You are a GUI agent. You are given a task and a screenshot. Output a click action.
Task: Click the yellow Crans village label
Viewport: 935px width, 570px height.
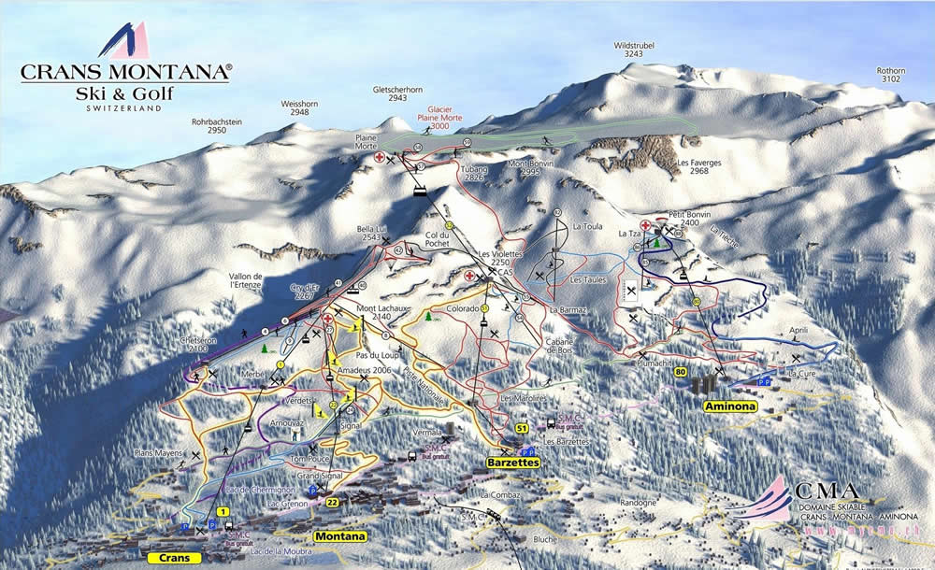pos(175,557)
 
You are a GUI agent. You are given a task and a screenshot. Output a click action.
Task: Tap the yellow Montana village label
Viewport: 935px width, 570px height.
pos(339,536)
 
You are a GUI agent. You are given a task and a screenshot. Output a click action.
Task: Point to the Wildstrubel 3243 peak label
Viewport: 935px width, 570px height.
pos(633,50)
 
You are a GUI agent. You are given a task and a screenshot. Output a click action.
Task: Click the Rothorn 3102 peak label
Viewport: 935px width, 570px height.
pos(890,75)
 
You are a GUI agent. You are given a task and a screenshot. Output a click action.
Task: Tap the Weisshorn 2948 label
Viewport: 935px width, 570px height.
pos(299,108)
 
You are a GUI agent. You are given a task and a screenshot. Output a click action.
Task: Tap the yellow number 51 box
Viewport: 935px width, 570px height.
pos(523,428)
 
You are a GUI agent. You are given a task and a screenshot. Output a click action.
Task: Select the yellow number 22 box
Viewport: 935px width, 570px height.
pos(333,503)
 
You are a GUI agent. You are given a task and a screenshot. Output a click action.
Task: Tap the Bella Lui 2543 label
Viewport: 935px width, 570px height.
pos(371,233)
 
